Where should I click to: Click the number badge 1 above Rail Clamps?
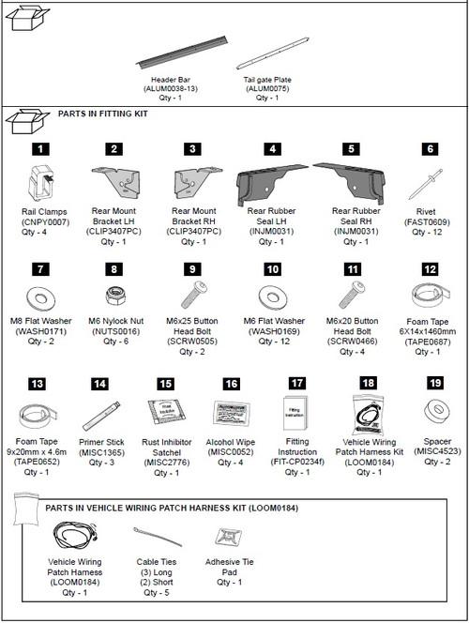point(40,148)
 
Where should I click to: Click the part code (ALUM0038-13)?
point(172,88)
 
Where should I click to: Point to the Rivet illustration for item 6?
point(429,183)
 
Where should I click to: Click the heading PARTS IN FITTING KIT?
point(102,114)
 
